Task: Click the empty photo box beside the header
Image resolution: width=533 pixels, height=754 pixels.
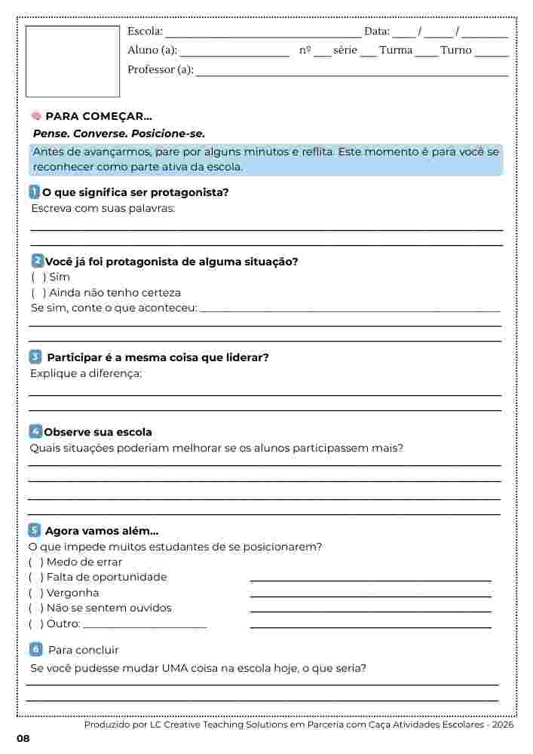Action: [72, 61]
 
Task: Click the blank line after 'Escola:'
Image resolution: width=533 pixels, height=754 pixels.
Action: [262, 35]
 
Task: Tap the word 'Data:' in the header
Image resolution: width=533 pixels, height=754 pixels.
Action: [377, 32]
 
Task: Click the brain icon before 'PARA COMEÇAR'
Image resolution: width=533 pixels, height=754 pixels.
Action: [36, 116]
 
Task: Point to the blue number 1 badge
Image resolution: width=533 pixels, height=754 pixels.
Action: [35, 192]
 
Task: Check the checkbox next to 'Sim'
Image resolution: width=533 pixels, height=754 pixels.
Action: [35, 277]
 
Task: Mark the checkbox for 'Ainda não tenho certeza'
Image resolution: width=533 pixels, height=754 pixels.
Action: [35, 293]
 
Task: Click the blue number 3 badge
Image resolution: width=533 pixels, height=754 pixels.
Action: [35, 357]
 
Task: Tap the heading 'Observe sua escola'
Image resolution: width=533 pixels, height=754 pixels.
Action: [98, 432]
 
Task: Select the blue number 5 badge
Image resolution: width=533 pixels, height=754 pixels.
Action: [35, 530]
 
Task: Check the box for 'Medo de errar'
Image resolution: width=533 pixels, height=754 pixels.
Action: [35, 562]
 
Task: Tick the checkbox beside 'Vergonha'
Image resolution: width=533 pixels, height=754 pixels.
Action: [35, 593]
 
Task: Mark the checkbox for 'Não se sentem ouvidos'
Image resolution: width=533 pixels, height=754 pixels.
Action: [35, 608]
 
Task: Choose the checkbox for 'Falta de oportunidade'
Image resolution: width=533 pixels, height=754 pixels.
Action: [35, 578]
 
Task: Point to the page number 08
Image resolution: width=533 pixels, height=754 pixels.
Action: [23, 738]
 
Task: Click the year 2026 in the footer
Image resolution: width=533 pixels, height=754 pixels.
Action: [501, 724]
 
